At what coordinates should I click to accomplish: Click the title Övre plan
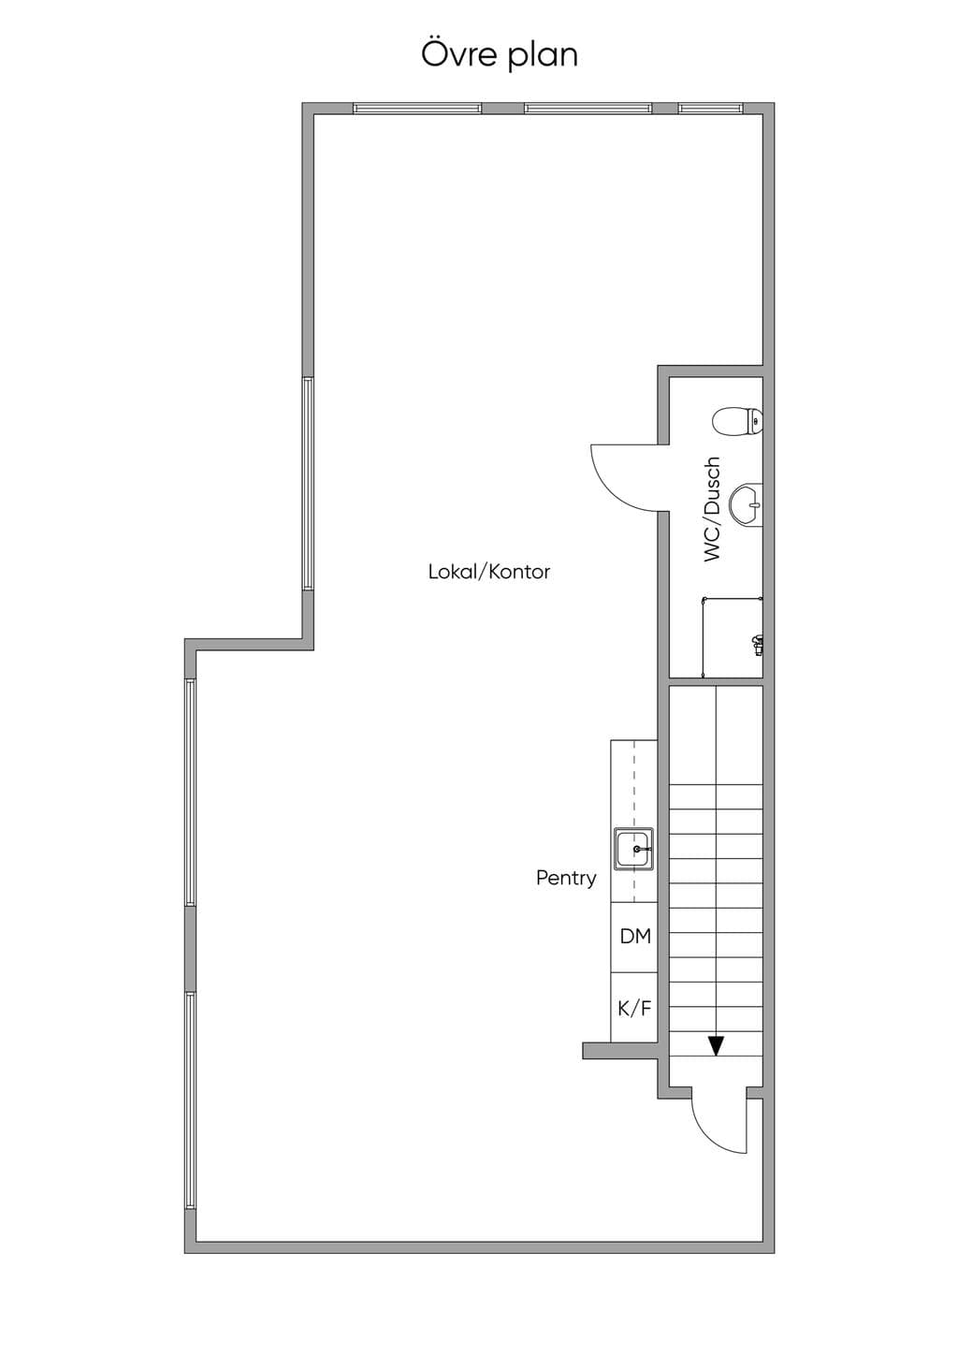(499, 54)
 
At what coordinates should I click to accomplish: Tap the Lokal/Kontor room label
(489, 572)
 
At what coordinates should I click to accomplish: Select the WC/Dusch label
(712, 509)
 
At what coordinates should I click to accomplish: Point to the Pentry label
(566, 878)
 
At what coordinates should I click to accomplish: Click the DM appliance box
(633, 938)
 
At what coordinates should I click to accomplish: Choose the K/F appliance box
(633, 1008)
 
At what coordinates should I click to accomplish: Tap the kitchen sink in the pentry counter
(634, 849)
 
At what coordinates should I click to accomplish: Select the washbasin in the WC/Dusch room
(747, 503)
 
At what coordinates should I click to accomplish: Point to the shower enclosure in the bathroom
(733, 637)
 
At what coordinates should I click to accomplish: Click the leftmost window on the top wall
(417, 109)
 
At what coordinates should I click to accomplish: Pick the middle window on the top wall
(588, 109)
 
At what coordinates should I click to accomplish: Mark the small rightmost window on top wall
(710, 109)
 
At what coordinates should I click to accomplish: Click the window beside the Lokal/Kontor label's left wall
(308, 484)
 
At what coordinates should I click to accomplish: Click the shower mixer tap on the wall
(757, 644)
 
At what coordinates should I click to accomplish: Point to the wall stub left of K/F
(620, 1051)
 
